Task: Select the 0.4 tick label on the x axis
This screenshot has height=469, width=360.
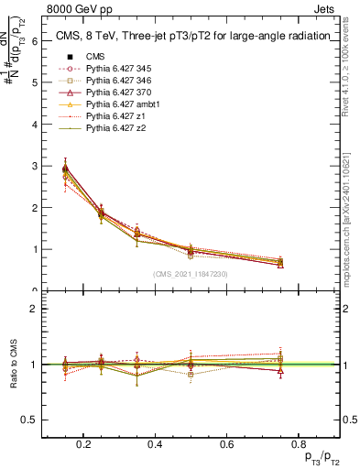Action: click(x=155, y=444)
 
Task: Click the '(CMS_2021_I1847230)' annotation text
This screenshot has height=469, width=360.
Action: click(x=191, y=273)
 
